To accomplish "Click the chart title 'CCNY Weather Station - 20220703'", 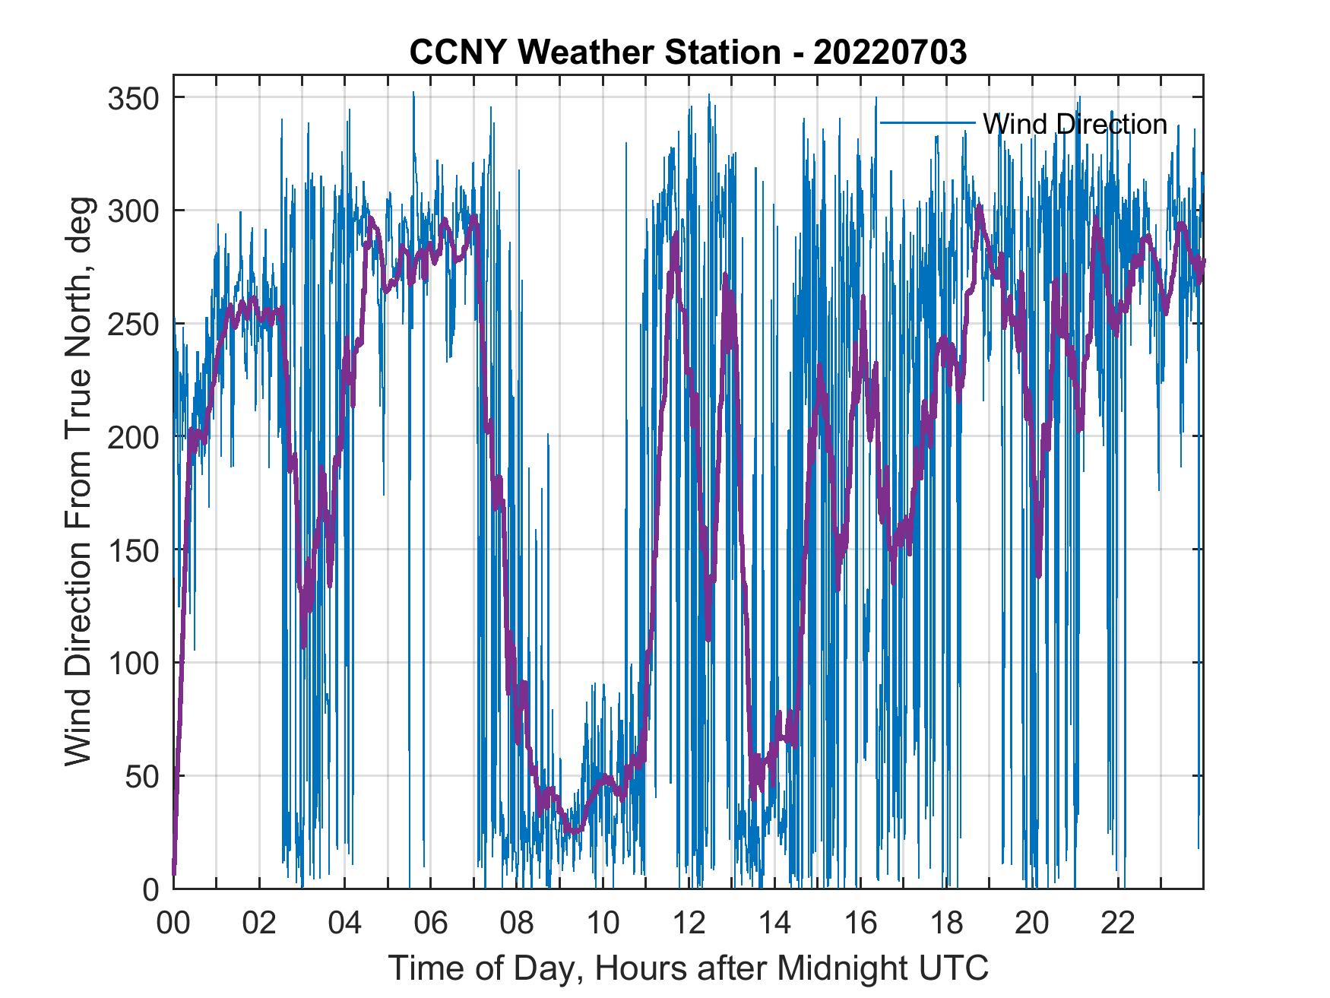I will [688, 52].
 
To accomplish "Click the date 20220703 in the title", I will [889, 52].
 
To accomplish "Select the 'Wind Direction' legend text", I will [1075, 124].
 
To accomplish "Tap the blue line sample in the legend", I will [927, 123].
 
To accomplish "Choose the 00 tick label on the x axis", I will [173, 924].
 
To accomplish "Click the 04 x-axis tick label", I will [345, 924].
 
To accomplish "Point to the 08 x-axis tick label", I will [517, 924].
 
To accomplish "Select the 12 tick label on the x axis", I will [689, 924].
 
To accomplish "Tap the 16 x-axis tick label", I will [860, 924].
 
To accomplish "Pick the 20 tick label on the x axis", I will [1032, 924].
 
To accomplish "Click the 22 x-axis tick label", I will [1118, 924].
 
